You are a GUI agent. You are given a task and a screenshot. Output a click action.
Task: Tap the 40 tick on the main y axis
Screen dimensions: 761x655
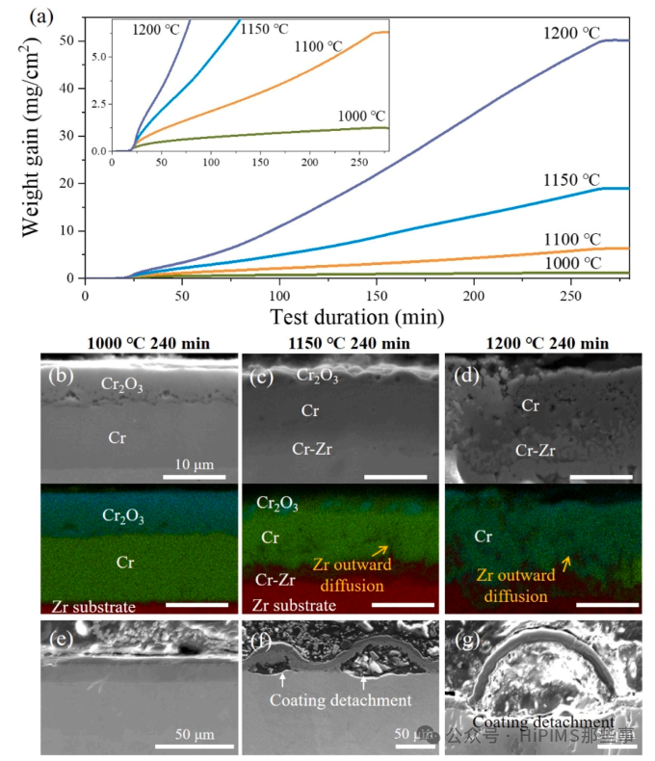[68, 88]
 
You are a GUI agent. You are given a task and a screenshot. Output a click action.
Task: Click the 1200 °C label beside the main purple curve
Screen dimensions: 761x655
[569, 33]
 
